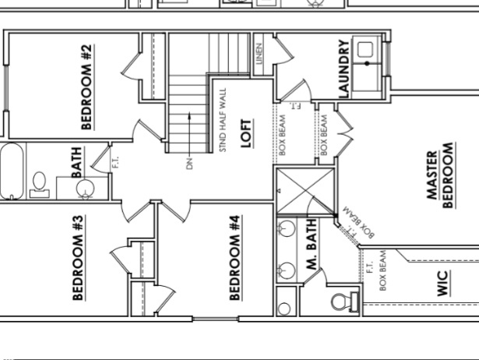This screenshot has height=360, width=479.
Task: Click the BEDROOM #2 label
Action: pos(87,86)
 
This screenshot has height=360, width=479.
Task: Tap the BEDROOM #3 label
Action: pos(78,256)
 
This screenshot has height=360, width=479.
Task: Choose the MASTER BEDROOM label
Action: pos(441,175)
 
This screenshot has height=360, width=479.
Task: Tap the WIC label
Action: pos(443,283)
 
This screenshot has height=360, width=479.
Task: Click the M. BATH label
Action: pos(311,245)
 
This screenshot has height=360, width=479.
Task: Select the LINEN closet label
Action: pos(259,54)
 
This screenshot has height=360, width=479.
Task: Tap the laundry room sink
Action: pos(365,51)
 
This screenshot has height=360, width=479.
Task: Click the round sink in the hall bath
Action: pos(86,188)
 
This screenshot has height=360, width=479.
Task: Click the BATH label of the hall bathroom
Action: pos(78,162)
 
